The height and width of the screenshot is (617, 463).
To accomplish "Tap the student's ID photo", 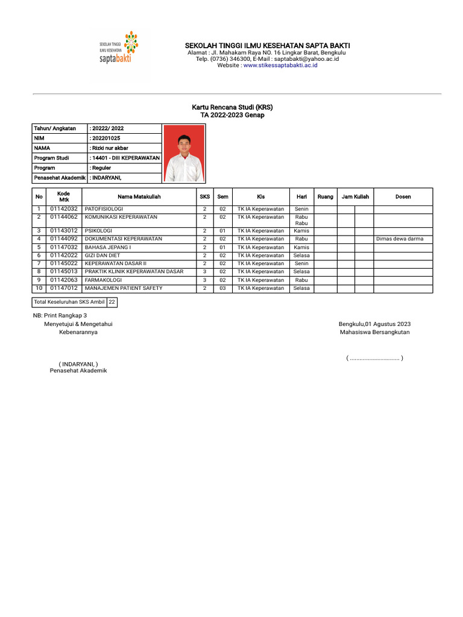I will tap(184, 154).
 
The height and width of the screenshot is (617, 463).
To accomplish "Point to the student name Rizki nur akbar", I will tap(110, 148).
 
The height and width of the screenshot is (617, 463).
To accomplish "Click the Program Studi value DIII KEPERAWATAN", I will tap(125, 158).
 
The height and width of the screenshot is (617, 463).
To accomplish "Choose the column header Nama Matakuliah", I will tap(139, 197).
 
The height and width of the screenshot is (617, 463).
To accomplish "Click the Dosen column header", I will tap(403, 197).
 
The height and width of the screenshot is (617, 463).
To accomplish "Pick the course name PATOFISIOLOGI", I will tap(104, 208).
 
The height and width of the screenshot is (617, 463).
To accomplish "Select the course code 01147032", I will tap(63, 247).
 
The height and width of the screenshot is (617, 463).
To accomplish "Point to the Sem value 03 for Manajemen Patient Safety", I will tap(222, 289).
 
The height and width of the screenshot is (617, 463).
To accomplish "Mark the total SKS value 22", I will tap(112, 302).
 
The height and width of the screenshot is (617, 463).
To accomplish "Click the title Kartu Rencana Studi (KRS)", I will tap(232, 107).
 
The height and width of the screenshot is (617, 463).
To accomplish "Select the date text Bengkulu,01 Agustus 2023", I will tap(374, 324).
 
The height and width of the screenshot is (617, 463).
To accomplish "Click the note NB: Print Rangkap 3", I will tap(60, 316).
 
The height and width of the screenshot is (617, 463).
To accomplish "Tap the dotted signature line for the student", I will tap(374, 359).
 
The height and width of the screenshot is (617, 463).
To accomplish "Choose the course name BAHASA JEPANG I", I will tap(108, 247).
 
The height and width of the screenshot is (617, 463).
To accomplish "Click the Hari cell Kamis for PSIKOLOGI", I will tap(301, 231).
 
